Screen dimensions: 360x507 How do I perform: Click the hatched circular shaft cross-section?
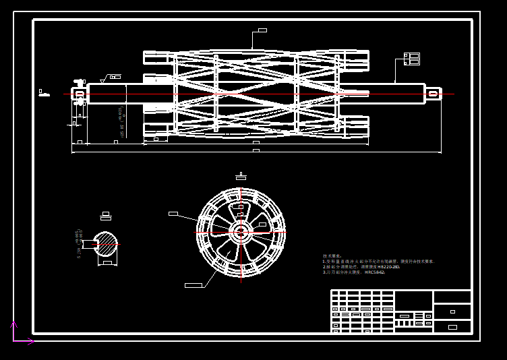tap(105, 244)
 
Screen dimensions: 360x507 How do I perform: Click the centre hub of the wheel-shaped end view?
tap(241, 232)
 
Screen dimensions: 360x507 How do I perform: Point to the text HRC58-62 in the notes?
tap(375, 272)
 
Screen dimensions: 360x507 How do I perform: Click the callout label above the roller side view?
tap(261, 30)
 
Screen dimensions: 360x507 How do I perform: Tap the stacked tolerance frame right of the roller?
tap(412, 59)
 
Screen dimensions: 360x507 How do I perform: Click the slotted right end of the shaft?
tap(433, 94)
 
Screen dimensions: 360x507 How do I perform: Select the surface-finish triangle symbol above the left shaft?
tap(105, 80)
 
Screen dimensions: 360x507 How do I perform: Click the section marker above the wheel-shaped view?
tap(241, 177)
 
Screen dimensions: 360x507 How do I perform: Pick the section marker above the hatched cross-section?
tap(105, 217)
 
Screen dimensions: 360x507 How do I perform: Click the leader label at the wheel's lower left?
tap(193, 285)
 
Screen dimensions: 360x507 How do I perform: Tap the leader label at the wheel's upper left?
tap(173, 214)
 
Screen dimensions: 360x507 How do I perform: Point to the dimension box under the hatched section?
tap(107, 263)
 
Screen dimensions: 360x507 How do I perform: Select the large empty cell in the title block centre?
tap(413, 300)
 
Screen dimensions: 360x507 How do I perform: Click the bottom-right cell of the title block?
tap(452, 327)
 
